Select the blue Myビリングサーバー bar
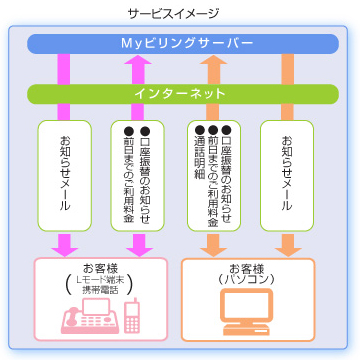tap(179, 44)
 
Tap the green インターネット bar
tap(179, 93)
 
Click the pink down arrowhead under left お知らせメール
tap(65, 244)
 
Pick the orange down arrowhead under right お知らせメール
tap(287, 244)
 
